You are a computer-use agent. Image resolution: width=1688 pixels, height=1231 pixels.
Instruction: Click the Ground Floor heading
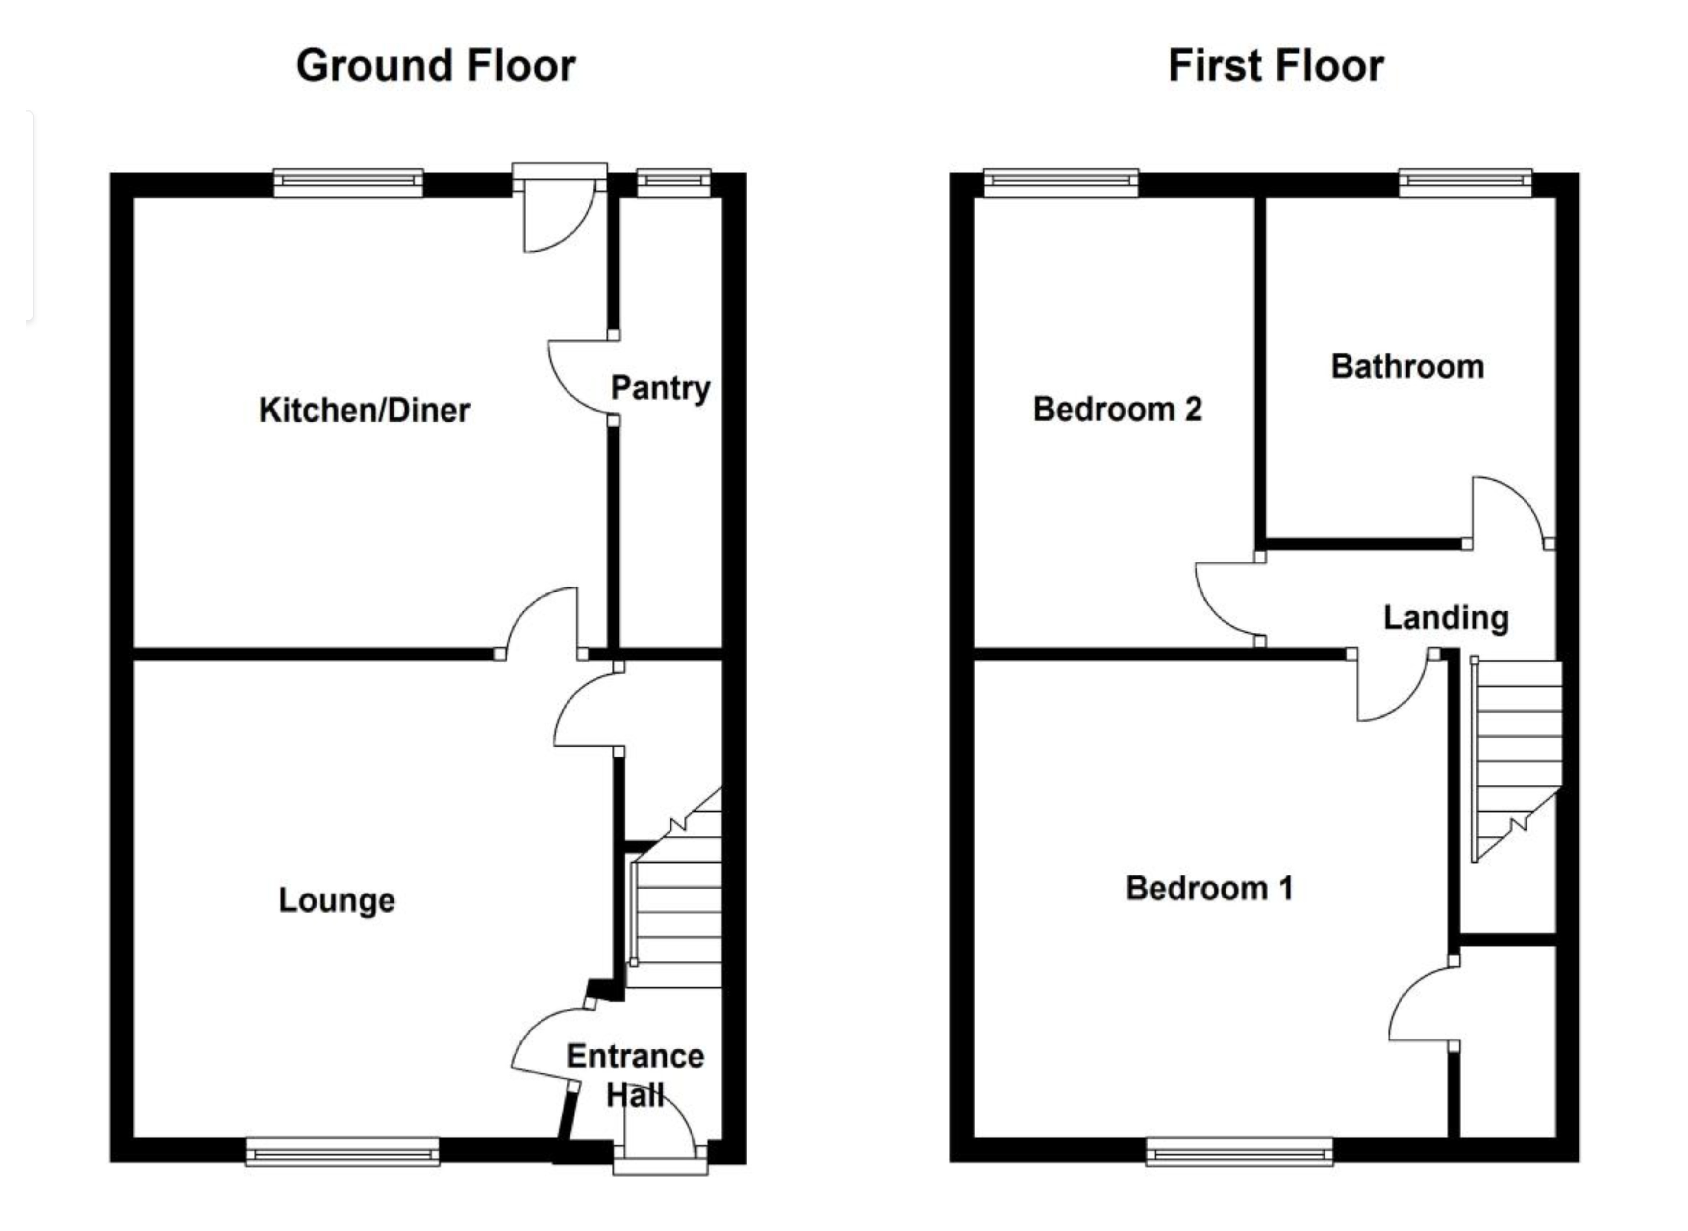(x=436, y=66)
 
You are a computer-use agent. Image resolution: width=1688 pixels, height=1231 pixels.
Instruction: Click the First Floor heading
(x=1276, y=66)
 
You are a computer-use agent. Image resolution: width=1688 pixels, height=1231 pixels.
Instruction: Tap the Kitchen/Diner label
(x=364, y=410)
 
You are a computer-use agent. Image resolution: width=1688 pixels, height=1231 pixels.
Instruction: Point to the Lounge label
(x=337, y=900)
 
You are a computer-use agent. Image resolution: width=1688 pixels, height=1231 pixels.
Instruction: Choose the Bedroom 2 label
(x=1117, y=409)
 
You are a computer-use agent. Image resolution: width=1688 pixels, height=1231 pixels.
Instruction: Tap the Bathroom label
(x=1407, y=367)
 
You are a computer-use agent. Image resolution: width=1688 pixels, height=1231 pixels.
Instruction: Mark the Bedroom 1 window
(x=1239, y=1151)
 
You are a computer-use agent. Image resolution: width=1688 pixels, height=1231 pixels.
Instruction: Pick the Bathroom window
(x=1465, y=183)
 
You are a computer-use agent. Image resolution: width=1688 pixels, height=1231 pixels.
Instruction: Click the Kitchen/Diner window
(x=348, y=183)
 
